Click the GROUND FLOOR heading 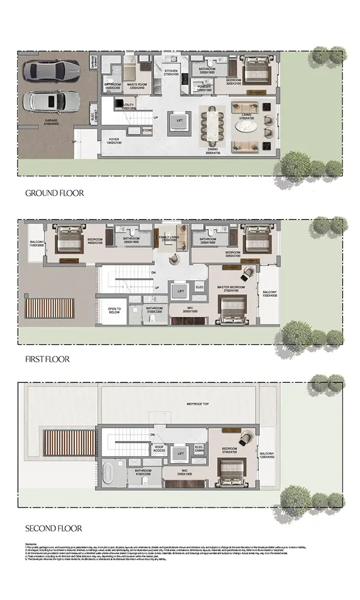[54, 193]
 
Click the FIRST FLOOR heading [47, 359]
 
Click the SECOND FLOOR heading [53, 529]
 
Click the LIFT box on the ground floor [180, 121]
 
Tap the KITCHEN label [171, 72]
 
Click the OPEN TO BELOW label [115, 310]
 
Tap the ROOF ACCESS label [159, 449]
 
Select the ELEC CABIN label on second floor [200, 449]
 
